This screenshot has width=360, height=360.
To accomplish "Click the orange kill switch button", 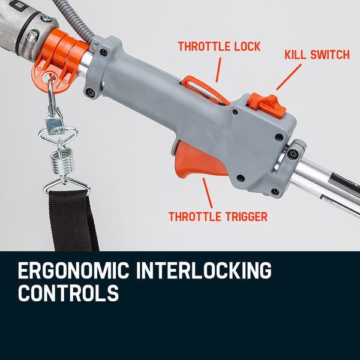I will [x=264, y=100].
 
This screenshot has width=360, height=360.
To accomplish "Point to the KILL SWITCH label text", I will [x=316, y=55].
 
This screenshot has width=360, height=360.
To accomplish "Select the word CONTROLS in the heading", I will [x=68, y=294].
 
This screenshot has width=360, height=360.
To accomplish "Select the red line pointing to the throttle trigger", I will [x=207, y=192].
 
